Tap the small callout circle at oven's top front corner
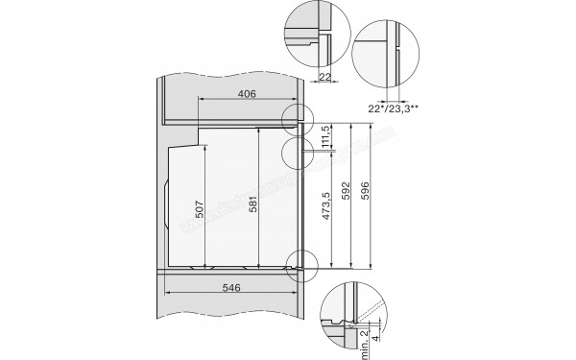(x=300, y=120)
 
